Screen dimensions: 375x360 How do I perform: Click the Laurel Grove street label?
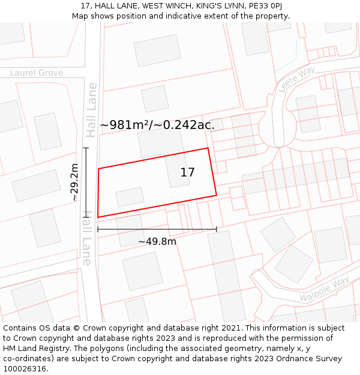pyautogui.click(x=37, y=73)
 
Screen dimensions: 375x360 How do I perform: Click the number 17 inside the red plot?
pyautogui.click(x=187, y=173)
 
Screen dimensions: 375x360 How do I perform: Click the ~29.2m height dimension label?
pyautogui.click(x=74, y=182)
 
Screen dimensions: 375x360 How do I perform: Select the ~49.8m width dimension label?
pyautogui.click(x=157, y=241)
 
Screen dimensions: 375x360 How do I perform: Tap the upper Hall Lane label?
pyautogui.click(x=91, y=110)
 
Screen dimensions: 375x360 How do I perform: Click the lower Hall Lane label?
pyautogui.click(x=86, y=241)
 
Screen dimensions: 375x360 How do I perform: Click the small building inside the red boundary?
pyautogui.click(x=130, y=197)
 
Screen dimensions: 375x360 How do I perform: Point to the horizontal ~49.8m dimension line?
pyautogui.click(x=157, y=229)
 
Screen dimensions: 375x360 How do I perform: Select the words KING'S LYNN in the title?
pyautogui.click(x=218, y=6)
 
